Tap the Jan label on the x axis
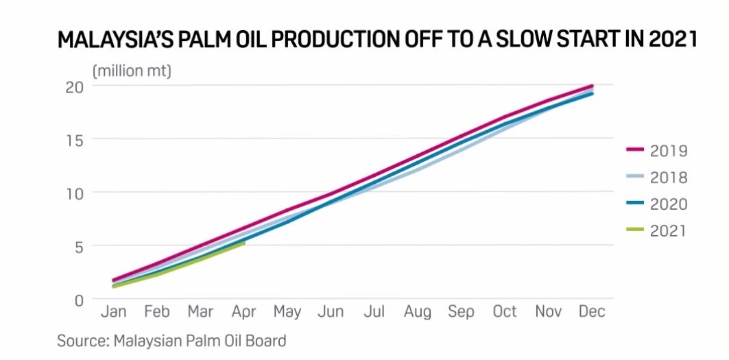click(113, 311)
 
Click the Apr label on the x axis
click(243, 312)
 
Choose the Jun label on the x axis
click(331, 311)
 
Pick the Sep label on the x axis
click(462, 312)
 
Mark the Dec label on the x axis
click(592, 311)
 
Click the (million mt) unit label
click(132, 72)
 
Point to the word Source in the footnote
click(82, 341)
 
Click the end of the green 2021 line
click(243, 243)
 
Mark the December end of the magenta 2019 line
click(592, 86)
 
